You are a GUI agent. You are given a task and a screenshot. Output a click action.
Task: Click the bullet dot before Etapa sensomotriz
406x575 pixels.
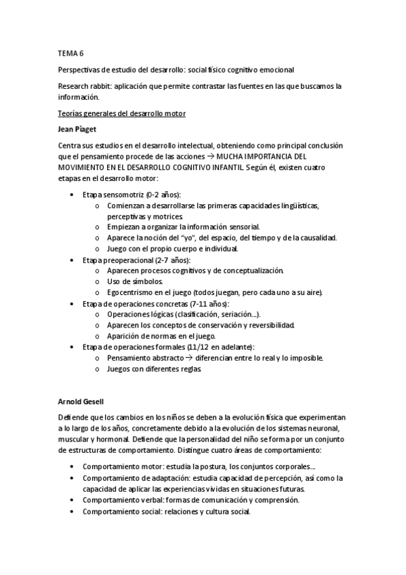click(73, 195)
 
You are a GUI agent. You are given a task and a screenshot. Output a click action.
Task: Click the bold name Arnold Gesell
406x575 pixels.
click(79, 401)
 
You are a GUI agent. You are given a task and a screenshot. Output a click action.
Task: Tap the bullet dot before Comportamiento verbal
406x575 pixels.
click(73, 500)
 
